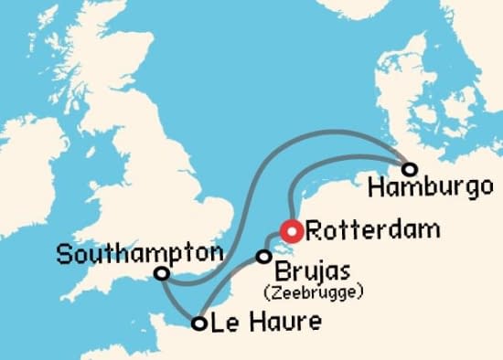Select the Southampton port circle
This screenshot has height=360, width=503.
pyautogui.click(x=162, y=273)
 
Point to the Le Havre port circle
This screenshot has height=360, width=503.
pyautogui.click(x=198, y=322)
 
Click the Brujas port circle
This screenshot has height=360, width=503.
pyautogui.click(x=264, y=257)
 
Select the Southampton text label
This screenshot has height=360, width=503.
pyautogui.click(x=140, y=253)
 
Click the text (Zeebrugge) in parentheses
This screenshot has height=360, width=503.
pyautogui.click(x=314, y=292)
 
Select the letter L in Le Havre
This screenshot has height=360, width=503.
pyautogui.click(x=217, y=323)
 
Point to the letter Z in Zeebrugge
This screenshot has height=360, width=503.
pyautogui.click(x=273, y=292)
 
